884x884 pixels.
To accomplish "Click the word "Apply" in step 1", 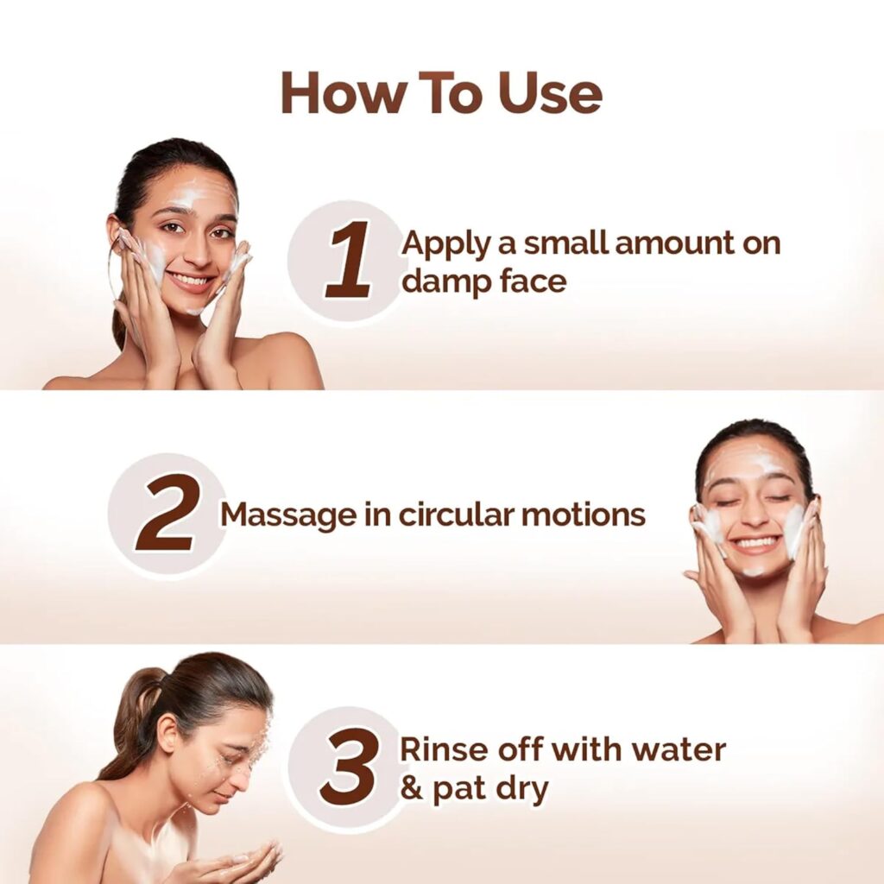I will [441, 243].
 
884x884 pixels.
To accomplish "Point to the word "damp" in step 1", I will [447, 281].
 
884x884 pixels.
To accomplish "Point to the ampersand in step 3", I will [413, 789].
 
